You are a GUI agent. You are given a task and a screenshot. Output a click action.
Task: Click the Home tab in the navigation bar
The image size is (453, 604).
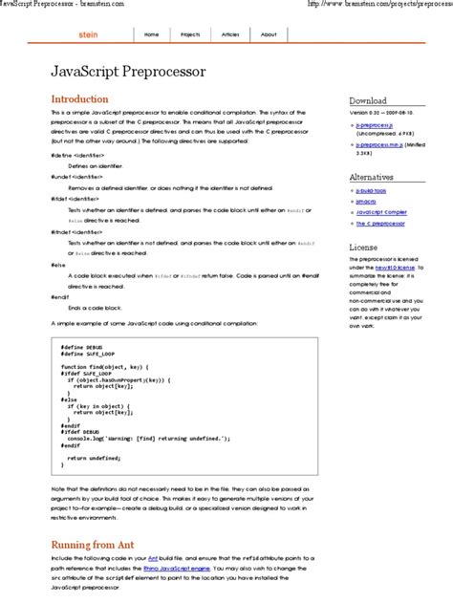(151, 33)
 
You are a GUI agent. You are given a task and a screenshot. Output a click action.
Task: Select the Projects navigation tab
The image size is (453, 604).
(191, 33)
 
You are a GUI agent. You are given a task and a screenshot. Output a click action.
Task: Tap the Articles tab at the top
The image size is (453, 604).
(230, 33)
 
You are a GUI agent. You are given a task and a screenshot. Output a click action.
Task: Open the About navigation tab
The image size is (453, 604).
(269, 33)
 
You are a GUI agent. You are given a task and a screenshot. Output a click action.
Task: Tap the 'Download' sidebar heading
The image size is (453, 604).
(368, 100)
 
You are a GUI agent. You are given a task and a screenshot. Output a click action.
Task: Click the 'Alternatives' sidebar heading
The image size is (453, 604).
(371, 178)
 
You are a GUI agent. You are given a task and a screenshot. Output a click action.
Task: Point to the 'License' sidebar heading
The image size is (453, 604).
(363, 248)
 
